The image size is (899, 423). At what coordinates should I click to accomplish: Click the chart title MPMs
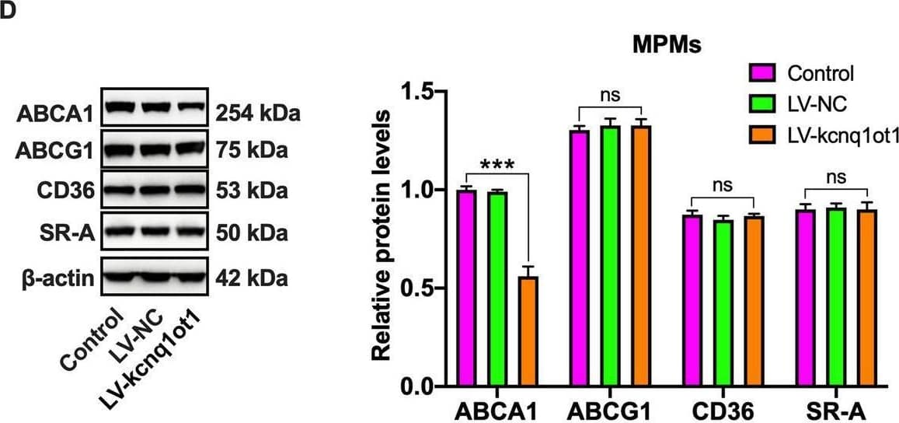point(665,45)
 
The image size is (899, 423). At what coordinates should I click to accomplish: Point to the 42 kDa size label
point(251,278)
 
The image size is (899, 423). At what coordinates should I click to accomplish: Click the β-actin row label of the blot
point(59,278)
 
